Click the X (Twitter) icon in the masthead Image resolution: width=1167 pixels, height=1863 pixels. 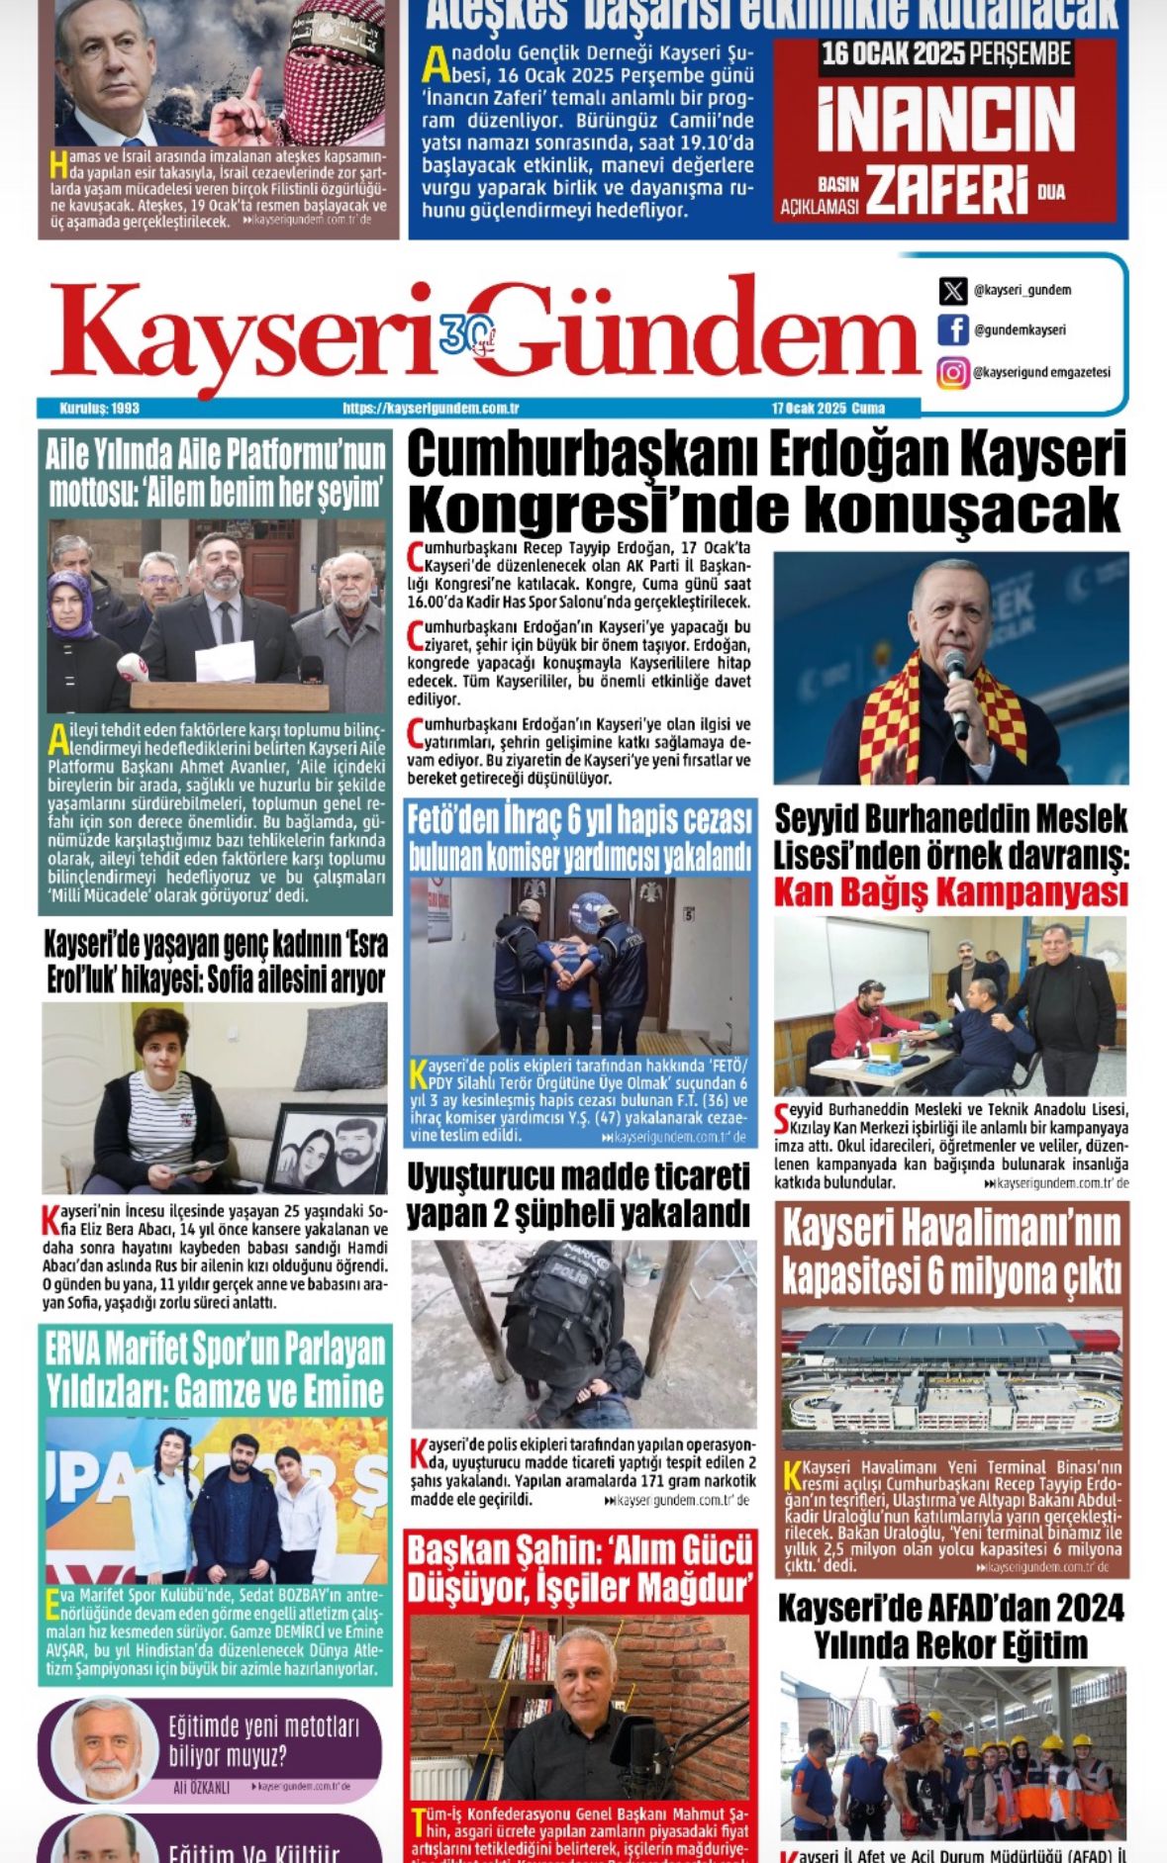tap(952, 291)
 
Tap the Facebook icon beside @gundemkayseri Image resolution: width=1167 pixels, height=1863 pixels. tap(952, 330)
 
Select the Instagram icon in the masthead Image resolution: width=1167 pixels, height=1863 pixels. tap(952, 373)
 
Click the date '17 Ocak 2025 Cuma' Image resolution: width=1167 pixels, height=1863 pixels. tap(828, 408)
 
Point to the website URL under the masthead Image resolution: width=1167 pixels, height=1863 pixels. tap(432, 408)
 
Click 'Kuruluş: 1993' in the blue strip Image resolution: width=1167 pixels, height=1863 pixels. tap(99, 408)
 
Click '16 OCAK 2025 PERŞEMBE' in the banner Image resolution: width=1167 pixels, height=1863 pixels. tap(945, 55)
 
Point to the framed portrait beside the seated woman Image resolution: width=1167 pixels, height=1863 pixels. tap(326, 1149)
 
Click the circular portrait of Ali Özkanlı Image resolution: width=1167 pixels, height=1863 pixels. tap(104, 1748)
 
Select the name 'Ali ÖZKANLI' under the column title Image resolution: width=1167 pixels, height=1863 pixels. tap(201, 1788)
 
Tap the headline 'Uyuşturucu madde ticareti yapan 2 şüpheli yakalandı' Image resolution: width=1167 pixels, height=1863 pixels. tap(579, 1194)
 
